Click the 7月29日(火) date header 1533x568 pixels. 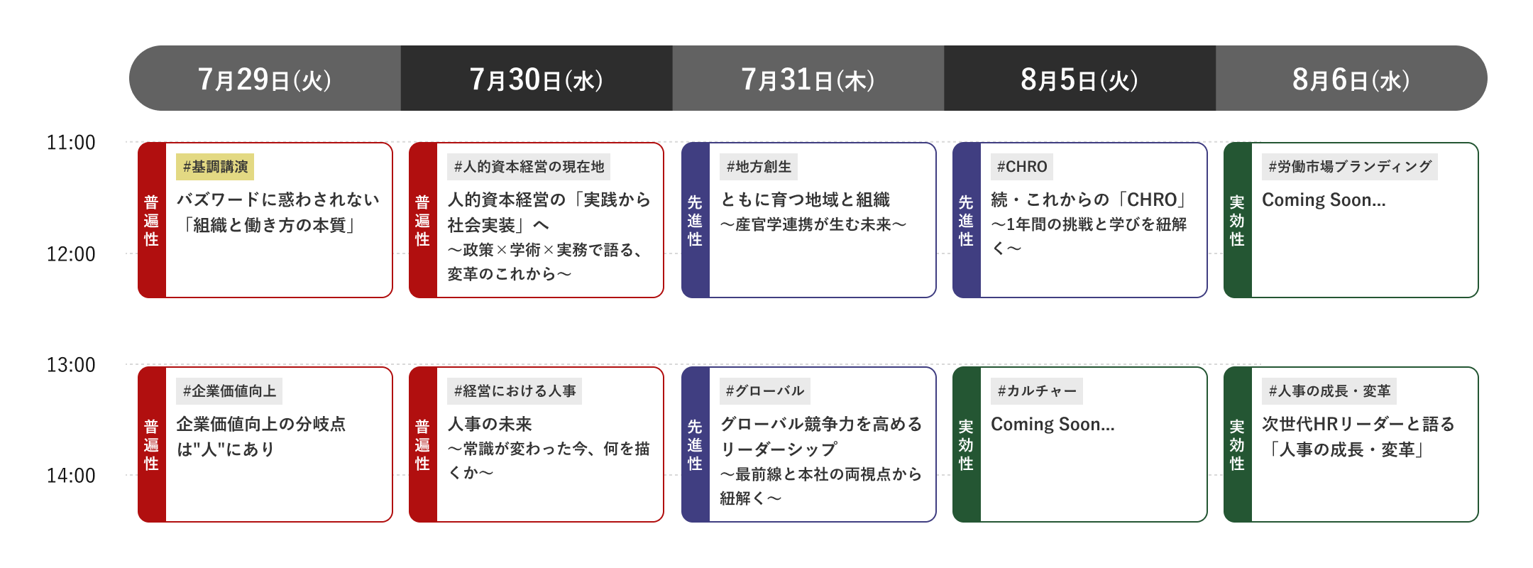pyautogui.click(x=265, y=79)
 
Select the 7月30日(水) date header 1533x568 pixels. pyautogui.click(x=537, y=79)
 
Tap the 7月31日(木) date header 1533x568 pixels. pyautogui.click(x=808, y=79)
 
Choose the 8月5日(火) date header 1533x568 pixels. pyautogui.click(x=1080, y=79)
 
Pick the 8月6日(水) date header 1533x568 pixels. pyautogui.click(x=1351, y=79)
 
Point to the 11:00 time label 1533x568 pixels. pyautogui.click(x=71, y=143)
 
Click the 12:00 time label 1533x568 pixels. pyautogui.click(x=71, y=254)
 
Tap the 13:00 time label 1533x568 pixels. pyautogui.click(x=71, y=365)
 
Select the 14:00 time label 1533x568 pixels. pyautogui.click(x=71, y=476)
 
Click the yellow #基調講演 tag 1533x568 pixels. pyautogui.click(x=215, y=167)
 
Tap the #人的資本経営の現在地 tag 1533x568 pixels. pyautogui.click(x=529, y=167)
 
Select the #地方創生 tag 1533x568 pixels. pyautogui.click(x=759, y=167)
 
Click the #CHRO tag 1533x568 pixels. pyautogui.click(x=1022, y=167)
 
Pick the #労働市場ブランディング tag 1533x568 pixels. pyautogui.click(x=1350, y=167)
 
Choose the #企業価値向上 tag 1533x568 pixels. pyautogui.click(x=229, y=391)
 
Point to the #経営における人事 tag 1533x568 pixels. pyautogui.click(x=515, y=391)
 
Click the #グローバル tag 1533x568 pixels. pyautogui.click(x=765, y=391)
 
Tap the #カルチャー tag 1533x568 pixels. pyautogui.click(x=1037, y=391)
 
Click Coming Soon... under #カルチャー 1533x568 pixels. pyautogui.click(x=1053, y=425)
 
